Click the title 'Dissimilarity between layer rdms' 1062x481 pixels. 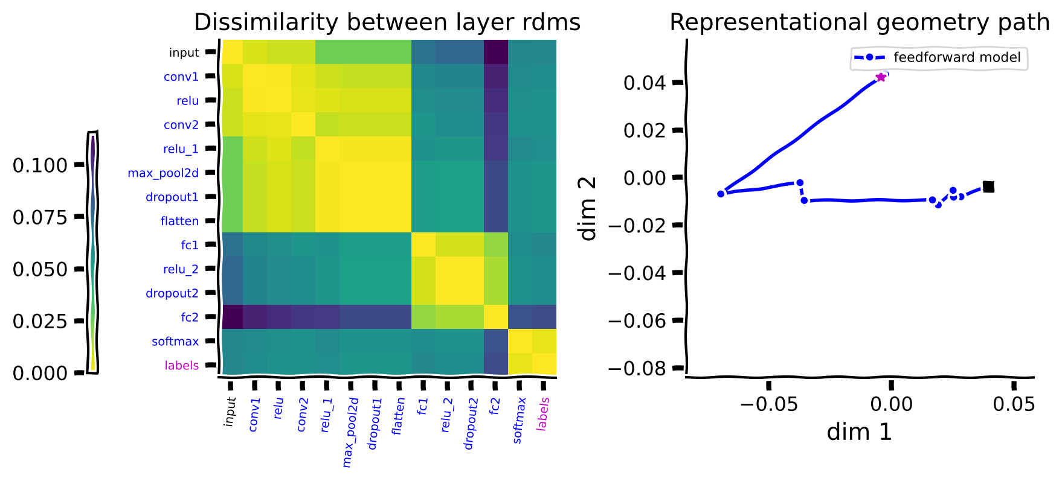(387, 23)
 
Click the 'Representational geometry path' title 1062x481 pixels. (859, 23)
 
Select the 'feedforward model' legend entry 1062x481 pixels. (956, 57)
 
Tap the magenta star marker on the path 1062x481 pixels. (881, 77)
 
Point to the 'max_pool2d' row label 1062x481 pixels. (163, 173)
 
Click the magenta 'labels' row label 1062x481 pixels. (181, 366)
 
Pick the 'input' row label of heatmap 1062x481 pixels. (184, 53)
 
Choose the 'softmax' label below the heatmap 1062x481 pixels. (519, 420)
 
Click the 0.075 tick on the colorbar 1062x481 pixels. (40, 217)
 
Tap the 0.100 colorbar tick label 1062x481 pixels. (40, 165)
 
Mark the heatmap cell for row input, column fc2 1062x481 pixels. (496, 53)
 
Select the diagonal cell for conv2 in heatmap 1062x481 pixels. (303, 124)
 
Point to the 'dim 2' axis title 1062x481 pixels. (588, 208)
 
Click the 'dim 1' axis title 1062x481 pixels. (859, 432)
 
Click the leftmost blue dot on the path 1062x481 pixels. (721, 194)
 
